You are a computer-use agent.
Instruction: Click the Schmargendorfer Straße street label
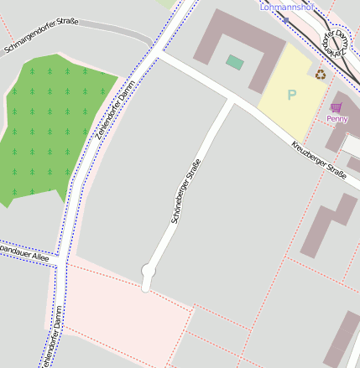click(42, 34)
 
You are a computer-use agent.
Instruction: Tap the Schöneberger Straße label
click(185, 191)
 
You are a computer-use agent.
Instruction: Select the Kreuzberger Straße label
click(319, 160)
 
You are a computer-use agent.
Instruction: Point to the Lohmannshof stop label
click(286, 7)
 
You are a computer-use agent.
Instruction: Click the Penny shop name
click(337, 119)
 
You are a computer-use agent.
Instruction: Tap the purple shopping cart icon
click(337, 107)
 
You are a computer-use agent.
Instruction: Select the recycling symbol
click(320, 74)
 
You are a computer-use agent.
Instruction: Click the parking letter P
click(292, 96)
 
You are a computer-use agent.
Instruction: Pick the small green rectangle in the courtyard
click(235, 62)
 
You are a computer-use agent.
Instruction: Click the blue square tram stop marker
click(286, 18)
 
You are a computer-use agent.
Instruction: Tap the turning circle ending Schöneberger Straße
click(149, 271)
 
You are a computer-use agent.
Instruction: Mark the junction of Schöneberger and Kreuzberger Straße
click(231, 101)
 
